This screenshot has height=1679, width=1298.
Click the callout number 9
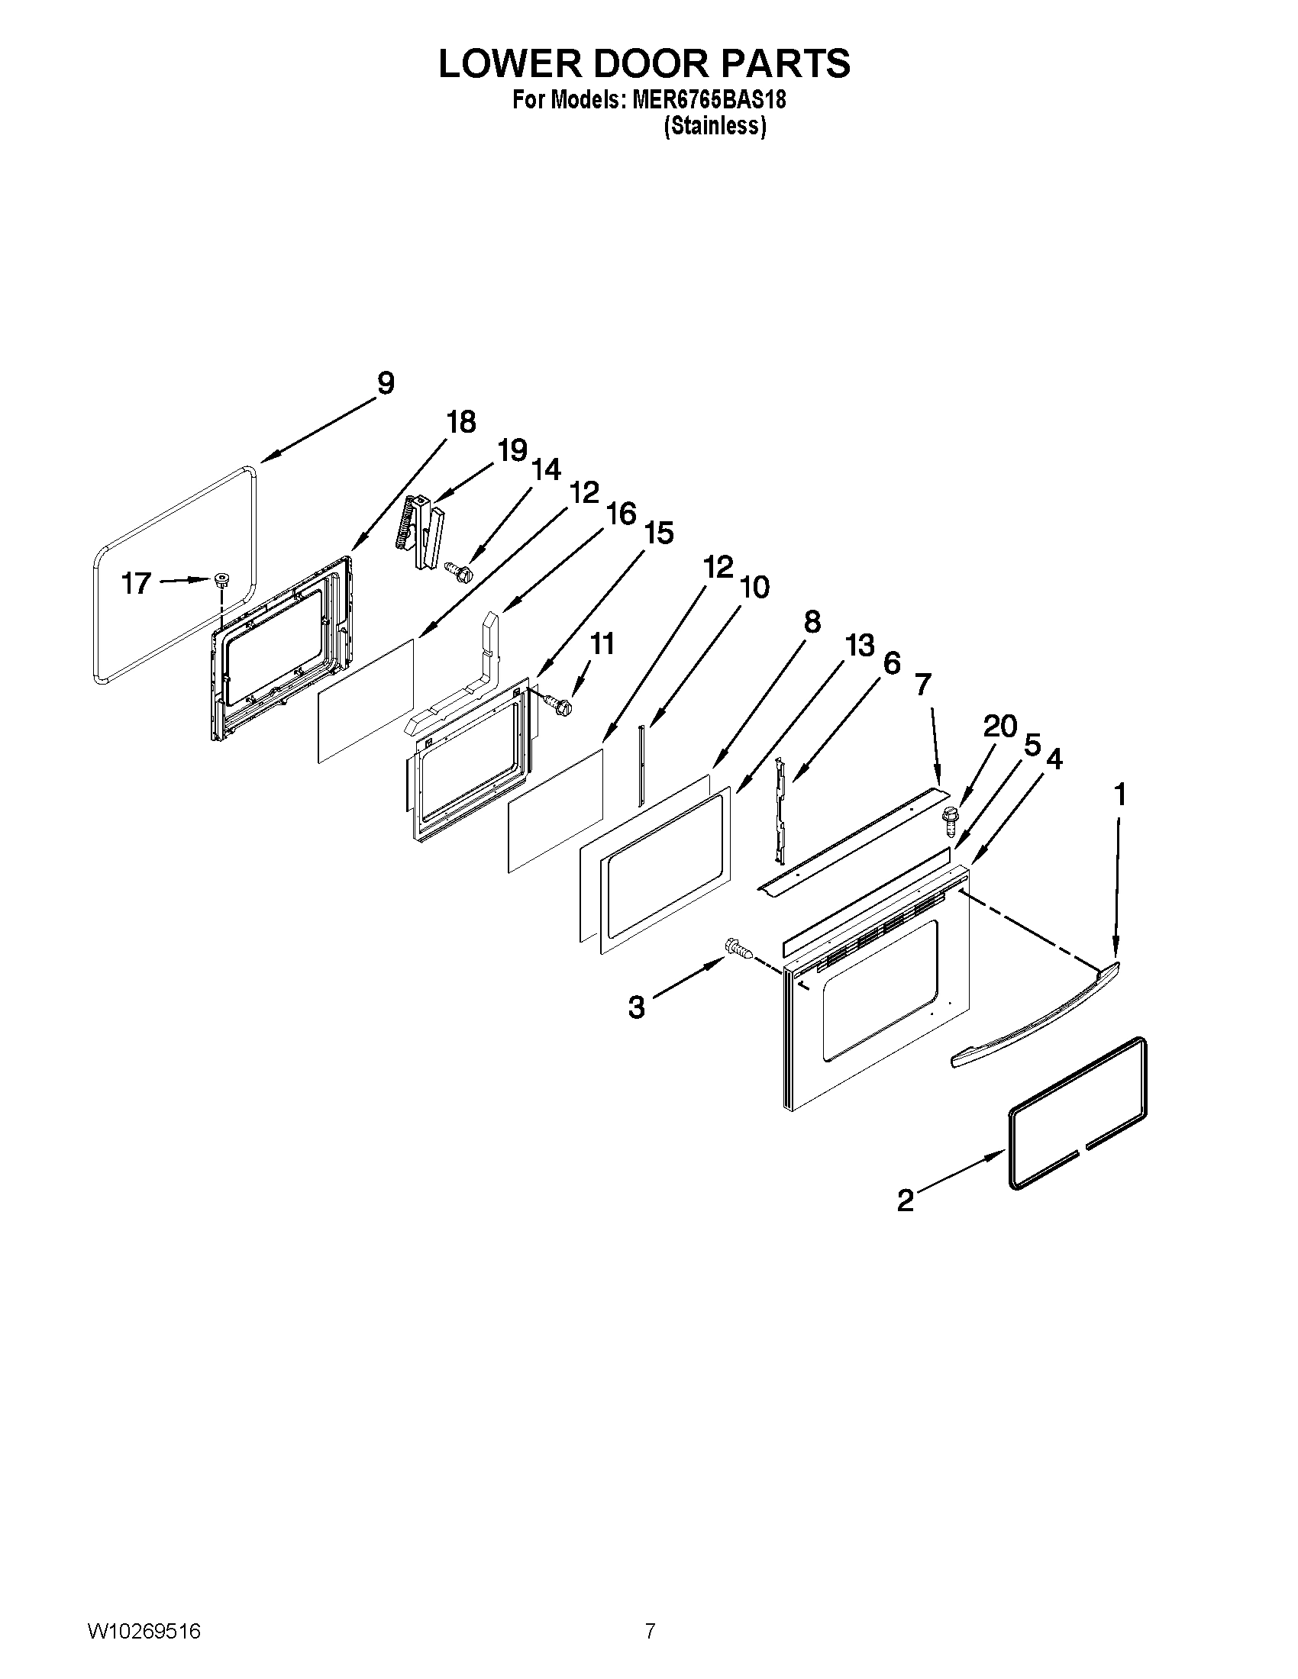click(386, 383)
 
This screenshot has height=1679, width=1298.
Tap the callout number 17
click(136, 584)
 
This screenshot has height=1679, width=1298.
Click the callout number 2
click(906, 1200)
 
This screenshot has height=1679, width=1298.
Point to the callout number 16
click(622, 514)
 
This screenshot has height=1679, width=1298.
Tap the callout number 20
click(1000, 726)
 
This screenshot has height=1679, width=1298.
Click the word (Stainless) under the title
click(715, 127)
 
